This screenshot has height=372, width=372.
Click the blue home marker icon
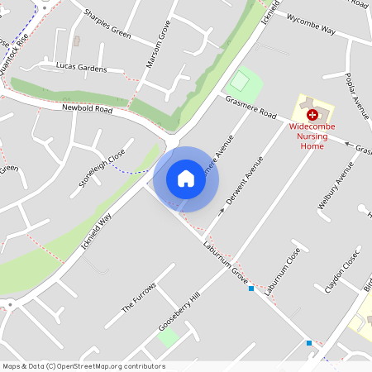click(186, 179)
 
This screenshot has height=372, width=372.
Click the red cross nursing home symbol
click(312, 114)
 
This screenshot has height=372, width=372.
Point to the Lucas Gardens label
click(81, 66)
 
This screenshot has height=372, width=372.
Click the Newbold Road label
click(87, 108)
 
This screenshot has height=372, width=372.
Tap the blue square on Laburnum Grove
click(250, 289)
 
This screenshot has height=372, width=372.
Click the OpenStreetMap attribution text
click(83, 366)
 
